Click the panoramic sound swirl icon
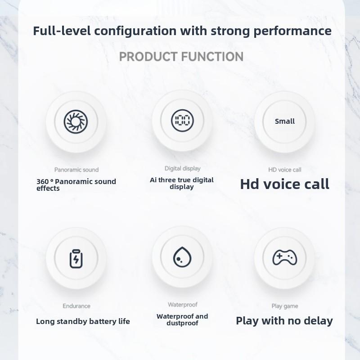coord(76,121)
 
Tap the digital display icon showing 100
coord(182,121)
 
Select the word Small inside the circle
coord(285,121)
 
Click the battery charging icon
coord(76,259)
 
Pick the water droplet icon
coord(182,257)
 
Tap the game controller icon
coord(285,257)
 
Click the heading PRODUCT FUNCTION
coord(181,57)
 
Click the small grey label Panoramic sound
coord(76,170)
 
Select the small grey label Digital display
coord(182,168)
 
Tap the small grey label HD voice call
coord(285,170)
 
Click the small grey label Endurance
coord(76,306)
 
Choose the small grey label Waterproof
coord(182,305)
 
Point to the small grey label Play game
coord(285,306)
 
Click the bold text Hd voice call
coord(285,184)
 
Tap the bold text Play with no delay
coord(284,321)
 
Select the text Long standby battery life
coord(83,321)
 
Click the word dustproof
coord(182,323)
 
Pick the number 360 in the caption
coord(43,182)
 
